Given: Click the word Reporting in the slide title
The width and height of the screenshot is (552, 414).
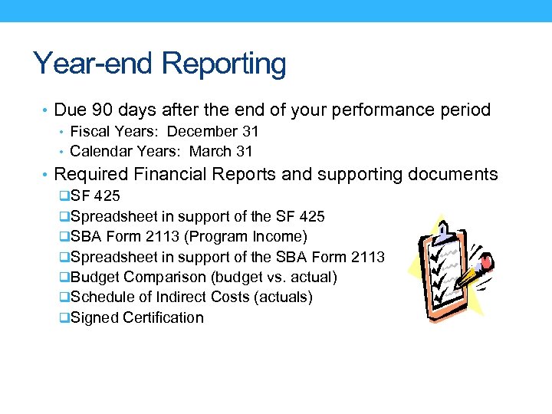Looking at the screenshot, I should tap(223, 65).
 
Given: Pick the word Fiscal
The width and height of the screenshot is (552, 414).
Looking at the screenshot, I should tap(90, 132).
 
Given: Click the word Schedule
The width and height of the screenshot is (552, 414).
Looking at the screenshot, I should tap(100, 297).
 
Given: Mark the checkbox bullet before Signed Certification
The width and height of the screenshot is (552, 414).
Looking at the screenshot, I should tap(64, 317).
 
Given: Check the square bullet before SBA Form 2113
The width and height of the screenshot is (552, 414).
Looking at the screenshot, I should tap(64, 237).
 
